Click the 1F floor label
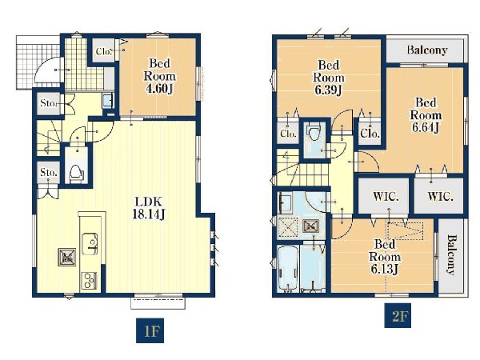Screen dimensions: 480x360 tap(150, 330)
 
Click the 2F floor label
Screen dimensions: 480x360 tap(398, 315)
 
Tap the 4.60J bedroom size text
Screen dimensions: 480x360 tap(160, 89)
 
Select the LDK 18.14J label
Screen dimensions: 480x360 tap(149, 208)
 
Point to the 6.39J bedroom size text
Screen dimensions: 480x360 tap(329, 90)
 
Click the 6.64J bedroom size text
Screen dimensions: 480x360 tap(426, 127)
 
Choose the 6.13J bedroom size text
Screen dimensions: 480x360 tap(384, 269)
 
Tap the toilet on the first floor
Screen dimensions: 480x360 tap(76, 173)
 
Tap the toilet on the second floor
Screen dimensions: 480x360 tap(314, 132)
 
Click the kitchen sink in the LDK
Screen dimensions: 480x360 tap(90, 244)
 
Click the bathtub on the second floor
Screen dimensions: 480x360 tap(288, 268)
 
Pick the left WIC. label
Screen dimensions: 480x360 tap(386, 197)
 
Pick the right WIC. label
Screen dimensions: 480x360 tap(440, 197)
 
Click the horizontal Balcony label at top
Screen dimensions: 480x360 tap(427, 50)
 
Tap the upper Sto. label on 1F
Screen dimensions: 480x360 tap(48, 103)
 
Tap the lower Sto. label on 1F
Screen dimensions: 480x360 tap(48, 172)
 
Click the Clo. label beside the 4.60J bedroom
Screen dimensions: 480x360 tap(103, 51)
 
